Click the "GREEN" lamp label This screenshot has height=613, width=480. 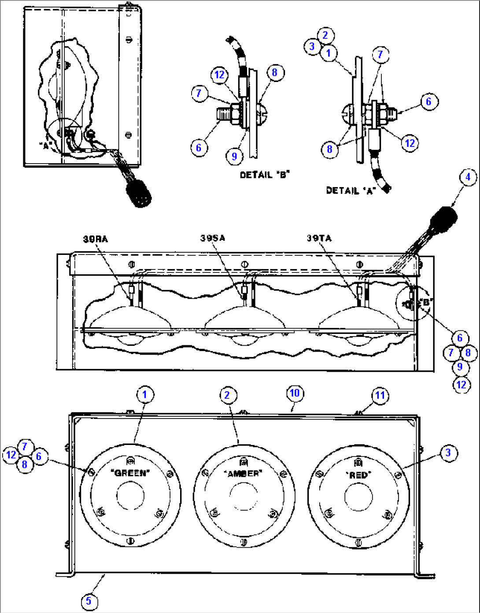[130, 473]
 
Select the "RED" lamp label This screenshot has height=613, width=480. [358, 475]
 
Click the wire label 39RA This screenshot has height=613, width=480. [95, 239]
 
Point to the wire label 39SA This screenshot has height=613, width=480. [212, 238]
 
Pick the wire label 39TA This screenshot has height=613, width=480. [319, 238]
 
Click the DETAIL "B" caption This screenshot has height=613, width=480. [265, 175]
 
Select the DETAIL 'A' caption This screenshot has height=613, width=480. [351, 191]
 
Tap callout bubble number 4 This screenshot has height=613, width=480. [468, 177]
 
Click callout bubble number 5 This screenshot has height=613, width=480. [89, 601]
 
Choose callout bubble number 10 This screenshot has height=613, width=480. [295, 393]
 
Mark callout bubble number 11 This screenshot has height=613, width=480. [380, 396]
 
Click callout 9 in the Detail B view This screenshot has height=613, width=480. [234, 156]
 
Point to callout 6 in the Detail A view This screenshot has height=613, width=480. [429, 101]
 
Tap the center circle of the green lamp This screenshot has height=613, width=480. [130, 496]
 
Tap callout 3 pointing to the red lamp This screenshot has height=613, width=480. [448, 452]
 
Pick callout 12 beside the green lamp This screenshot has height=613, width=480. [11, 455]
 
